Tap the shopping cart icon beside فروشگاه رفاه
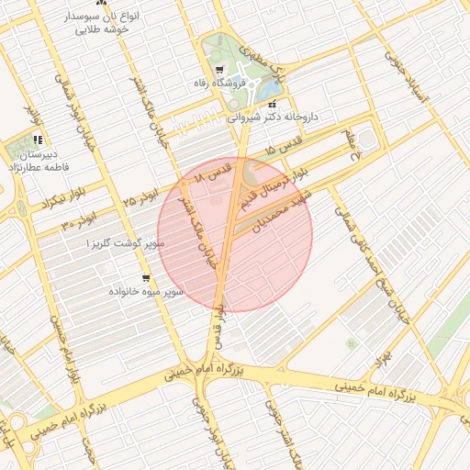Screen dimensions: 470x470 218,71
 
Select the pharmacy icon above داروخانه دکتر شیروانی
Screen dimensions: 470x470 271,106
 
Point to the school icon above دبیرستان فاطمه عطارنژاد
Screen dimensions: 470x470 38,140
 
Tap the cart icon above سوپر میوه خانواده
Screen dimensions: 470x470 145,277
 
